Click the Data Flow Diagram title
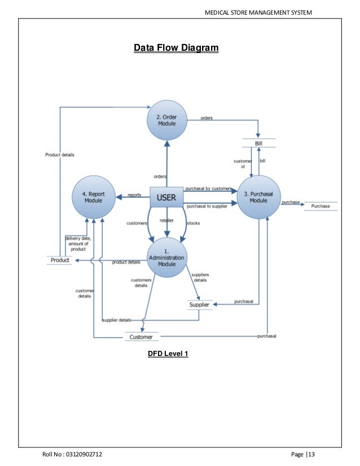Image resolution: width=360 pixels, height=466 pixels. pos(175,49)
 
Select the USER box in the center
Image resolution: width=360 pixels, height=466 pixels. pos(166,197)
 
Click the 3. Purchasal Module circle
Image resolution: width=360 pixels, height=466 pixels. pos(258,197)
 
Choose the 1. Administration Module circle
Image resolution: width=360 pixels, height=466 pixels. pos(167,257)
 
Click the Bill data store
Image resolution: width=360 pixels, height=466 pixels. pos(258,143)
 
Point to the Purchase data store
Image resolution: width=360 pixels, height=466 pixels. pos(321,206)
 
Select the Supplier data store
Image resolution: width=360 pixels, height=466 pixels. pos(199,305)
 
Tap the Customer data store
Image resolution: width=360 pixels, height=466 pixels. pos(141,337)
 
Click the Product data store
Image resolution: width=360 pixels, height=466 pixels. pos(60,260)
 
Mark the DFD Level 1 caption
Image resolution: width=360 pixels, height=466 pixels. pos(168,354)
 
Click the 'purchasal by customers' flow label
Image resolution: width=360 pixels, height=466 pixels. pos(208,188)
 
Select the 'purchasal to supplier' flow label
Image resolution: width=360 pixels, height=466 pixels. pos(207,206)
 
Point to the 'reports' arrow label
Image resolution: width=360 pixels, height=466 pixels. pos(134,195)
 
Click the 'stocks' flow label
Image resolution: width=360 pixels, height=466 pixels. pos(193,223)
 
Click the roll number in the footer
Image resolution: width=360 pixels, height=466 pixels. pos(72,454)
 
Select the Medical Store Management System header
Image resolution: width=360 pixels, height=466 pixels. pos(258,12)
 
